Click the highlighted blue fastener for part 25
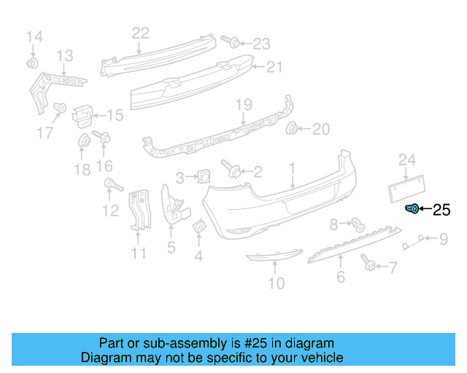coord(412,210)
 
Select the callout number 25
coord(442,211)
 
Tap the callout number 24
coord(406,160)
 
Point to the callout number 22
coord(140,32)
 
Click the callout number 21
coord(274,67)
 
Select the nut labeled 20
coord(293,130)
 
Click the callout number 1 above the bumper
coord(293,169)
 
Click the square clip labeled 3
coord(204,175)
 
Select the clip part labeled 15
coord(83,113)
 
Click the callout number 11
coord(139,254)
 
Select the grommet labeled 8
coord(358,224)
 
